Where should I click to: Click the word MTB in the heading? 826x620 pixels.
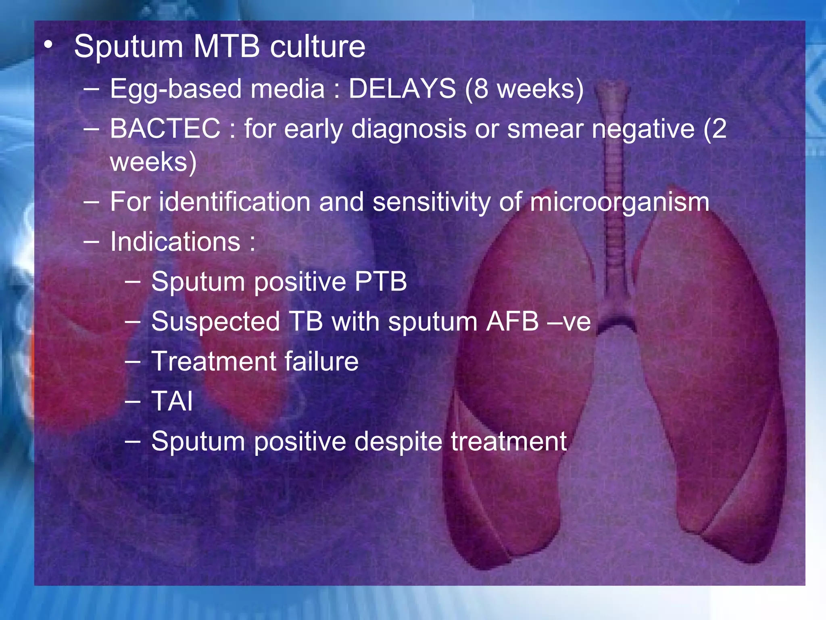[x=226, y=47]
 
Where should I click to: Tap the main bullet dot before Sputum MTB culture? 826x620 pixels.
[x=49, y=46]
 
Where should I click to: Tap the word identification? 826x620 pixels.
[x=234, y=202]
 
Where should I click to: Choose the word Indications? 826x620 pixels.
[x=175, y=242]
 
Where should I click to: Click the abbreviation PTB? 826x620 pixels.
[x=381, y=281]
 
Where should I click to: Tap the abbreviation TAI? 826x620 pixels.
[x=172, y=401]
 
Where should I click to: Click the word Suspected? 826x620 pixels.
[x=215, y=322]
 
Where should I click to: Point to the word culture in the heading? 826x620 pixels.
[x=317, y=47]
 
